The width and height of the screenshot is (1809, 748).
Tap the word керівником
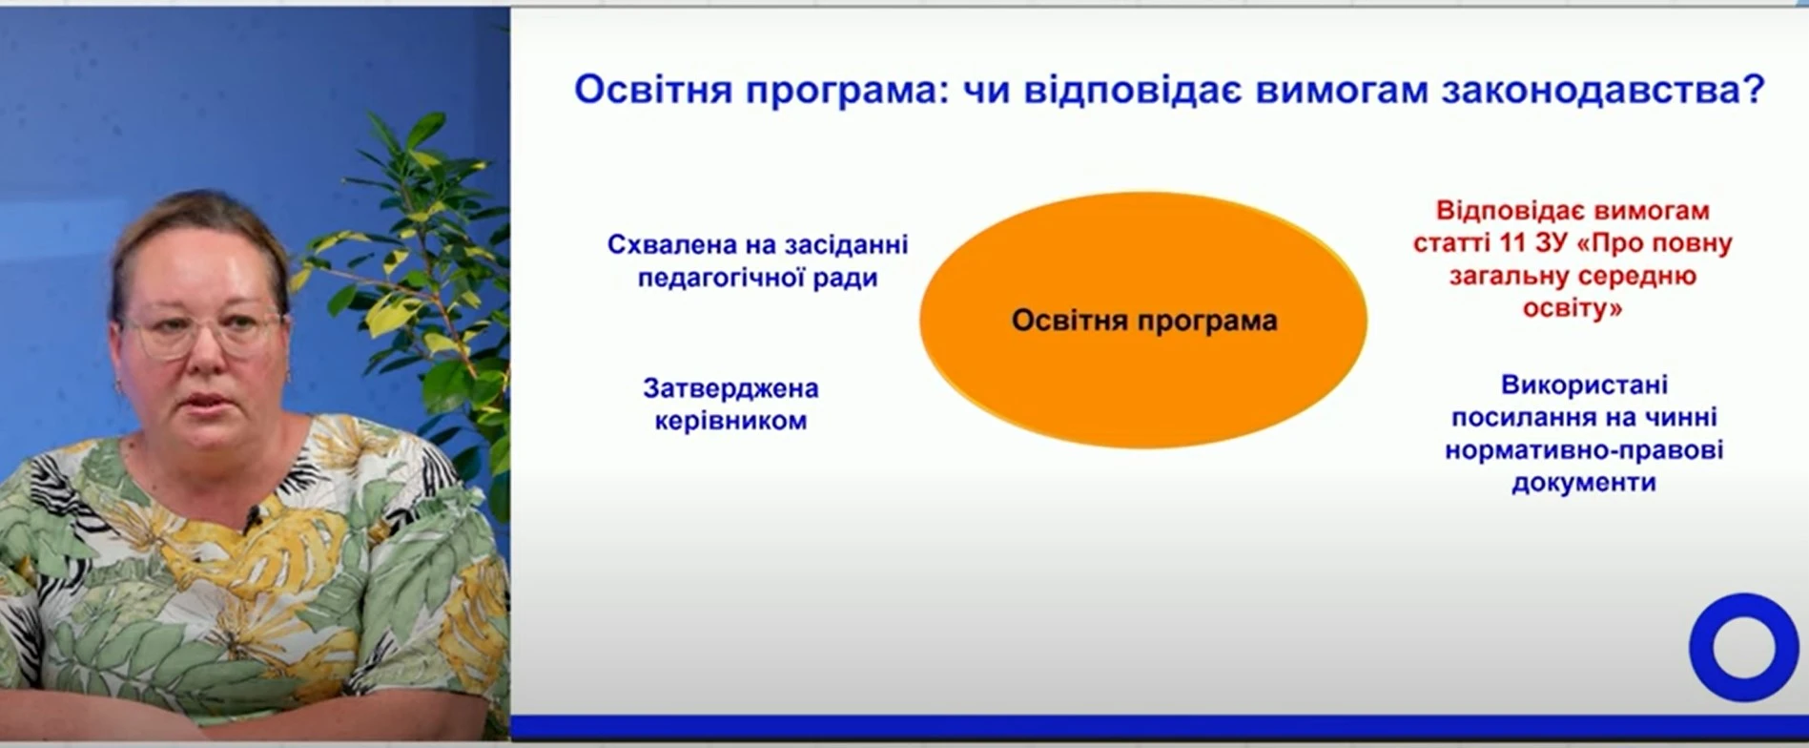pos(730,421)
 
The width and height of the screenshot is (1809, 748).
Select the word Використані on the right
pos(1584,384)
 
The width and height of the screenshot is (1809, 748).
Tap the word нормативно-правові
pos(1584,449)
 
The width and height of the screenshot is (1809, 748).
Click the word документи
pos(1584,483)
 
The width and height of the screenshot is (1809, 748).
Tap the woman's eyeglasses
pos(202,332)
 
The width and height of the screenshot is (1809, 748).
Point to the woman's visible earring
pos(121,385)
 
